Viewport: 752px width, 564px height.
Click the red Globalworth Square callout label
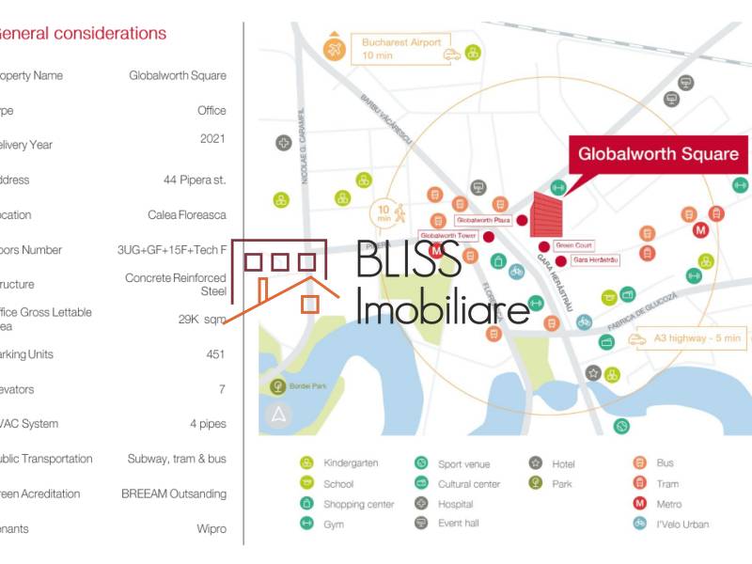(657, 153)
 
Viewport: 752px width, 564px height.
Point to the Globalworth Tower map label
(448, 235)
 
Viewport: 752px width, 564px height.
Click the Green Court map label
(573, 244)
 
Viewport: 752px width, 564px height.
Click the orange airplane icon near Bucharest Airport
(334, 48)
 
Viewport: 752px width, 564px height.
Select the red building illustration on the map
(546, 214)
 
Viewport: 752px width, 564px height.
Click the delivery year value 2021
(212, 139)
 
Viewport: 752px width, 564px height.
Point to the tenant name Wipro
(211, 528)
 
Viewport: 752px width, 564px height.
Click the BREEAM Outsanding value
(173, 493)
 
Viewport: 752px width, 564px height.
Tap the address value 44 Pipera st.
(195, 180)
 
